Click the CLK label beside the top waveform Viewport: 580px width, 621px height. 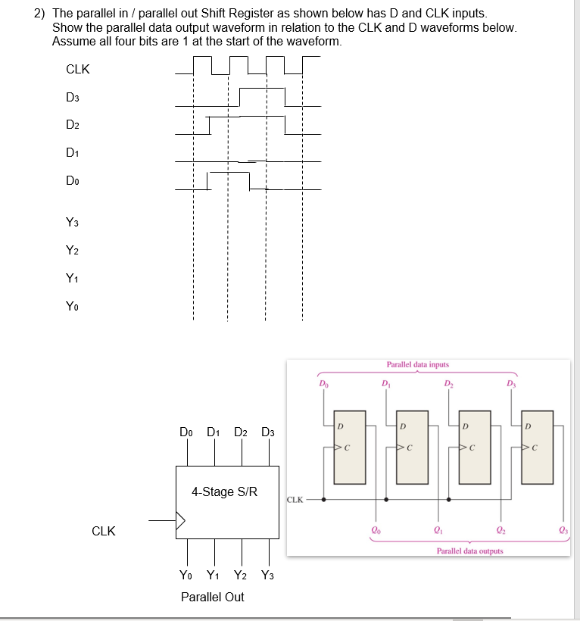coord(78,70)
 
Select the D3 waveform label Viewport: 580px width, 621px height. coord(73,98)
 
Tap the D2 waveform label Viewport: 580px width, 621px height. coord(73,125)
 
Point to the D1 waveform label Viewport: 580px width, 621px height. coord(73,154)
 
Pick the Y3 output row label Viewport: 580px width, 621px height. coord(73,223)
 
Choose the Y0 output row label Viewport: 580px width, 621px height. coord(73,307)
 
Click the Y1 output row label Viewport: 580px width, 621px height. coord(73,279)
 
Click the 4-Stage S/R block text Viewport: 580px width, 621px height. coord(224,492)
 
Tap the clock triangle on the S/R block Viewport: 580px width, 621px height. coord(180,521)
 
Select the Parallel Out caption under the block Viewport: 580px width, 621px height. coord(213,597)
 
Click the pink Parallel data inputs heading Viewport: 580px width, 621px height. coord(417,365)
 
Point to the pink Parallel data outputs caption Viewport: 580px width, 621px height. coord(469,551)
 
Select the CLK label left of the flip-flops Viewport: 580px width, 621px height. coord(295,499)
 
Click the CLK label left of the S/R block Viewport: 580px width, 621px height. coord(104,531)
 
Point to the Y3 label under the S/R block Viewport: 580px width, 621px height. coord(269,575)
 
